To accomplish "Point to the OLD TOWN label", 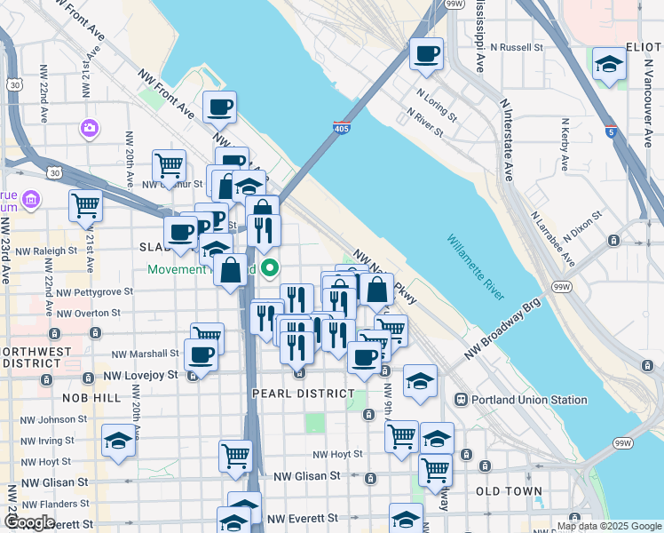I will [x=502, y=490].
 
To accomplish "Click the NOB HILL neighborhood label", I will [x=91, y=398].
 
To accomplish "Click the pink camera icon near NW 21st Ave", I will [x=89, y=129].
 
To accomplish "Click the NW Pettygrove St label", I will [x=94, y=291].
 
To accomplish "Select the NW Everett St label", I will [x=303, y=518].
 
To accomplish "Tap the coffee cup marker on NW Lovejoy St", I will [x=201, y=355].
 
